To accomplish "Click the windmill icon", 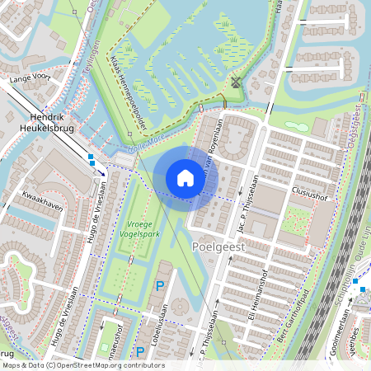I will [236, 82].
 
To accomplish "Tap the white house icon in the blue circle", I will [185, 178].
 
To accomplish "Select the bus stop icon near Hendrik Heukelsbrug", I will [91, 157].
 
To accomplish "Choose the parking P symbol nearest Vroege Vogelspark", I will [159, 285].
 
